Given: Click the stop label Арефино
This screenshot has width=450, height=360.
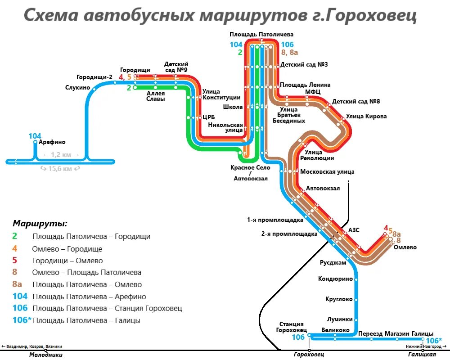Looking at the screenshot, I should click(x=52, y=142).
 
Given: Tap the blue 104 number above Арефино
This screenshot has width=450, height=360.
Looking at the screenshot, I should click(x=35, y=136).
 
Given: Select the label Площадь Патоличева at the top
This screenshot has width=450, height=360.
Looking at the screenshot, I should click(x=261, y=34).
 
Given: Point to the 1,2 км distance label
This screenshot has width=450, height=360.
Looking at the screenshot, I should click(x=61, y=155).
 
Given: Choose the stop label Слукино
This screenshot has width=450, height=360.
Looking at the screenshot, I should click(x=77, y=88).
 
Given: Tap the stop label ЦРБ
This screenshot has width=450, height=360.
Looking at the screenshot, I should click(x=209, y=117).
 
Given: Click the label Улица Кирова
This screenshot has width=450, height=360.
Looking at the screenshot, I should click(x=366, y=117).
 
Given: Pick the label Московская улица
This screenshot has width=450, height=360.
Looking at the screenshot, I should click(x=327, y=171).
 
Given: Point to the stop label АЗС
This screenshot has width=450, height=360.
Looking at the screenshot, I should click(x=354, y=230).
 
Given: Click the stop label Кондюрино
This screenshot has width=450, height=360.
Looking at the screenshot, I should click(x=335, y=279).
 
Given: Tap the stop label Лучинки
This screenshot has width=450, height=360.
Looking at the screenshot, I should click(x=340, y=319).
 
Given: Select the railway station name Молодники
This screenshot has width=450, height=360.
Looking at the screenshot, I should click(x=46, y=355).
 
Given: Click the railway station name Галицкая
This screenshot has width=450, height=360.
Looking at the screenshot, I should click(x=422, y=355).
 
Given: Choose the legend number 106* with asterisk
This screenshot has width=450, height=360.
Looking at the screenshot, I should click(x=21, y=320).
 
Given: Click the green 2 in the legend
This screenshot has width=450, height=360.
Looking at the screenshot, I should click(x=14, y=236).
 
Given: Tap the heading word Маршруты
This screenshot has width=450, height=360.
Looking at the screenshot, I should click(x=40, y=223).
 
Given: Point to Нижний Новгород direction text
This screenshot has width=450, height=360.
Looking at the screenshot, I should click(x=423, y=346).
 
